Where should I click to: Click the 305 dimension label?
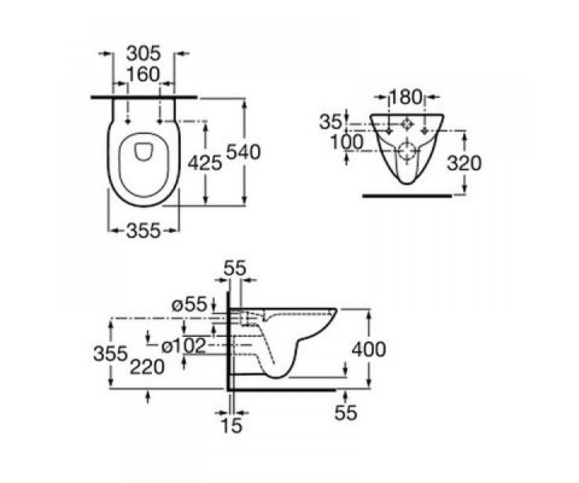[143, 53]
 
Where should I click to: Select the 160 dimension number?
[143, 74]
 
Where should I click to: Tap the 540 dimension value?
[244, 152]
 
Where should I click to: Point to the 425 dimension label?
[205, 162]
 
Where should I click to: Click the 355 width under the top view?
[143, 230]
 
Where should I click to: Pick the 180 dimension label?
[406, 97]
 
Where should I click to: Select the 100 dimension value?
[347, 142]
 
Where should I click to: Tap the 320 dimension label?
[464, 163]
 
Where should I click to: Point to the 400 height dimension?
[369, 349]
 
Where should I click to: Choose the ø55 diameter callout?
[190, 304]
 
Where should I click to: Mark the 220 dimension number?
[147, 367]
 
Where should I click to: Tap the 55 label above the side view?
[235, 269]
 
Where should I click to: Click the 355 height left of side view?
[110, 354]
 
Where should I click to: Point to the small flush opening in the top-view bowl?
[144, 152]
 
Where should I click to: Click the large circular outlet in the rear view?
[407, 152]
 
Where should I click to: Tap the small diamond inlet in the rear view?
[407, 125]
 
